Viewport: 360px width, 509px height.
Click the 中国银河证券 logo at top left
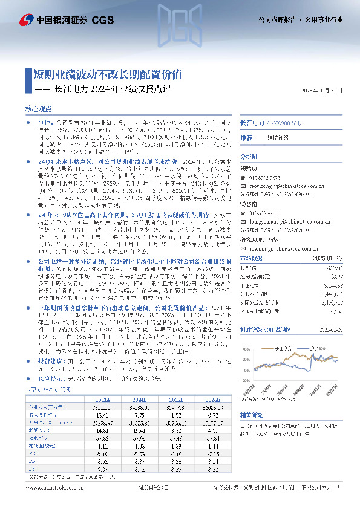pyautogui.click(x=46, y=20)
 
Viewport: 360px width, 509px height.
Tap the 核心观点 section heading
pyautogui.click(x=39, y=108)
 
